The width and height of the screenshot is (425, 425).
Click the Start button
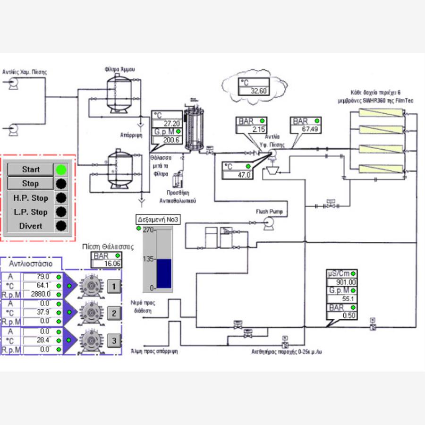31,170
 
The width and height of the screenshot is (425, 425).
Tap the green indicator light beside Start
61,170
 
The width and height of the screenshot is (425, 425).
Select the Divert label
31,226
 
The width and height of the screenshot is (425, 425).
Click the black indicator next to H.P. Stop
61,198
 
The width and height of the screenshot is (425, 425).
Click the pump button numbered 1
113,286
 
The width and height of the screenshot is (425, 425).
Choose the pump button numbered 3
113,340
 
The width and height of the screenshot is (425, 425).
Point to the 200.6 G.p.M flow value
167,140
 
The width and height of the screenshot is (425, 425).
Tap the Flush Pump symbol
269,226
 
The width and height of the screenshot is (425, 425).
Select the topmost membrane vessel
381,113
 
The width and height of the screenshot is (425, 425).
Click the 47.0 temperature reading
238,175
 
